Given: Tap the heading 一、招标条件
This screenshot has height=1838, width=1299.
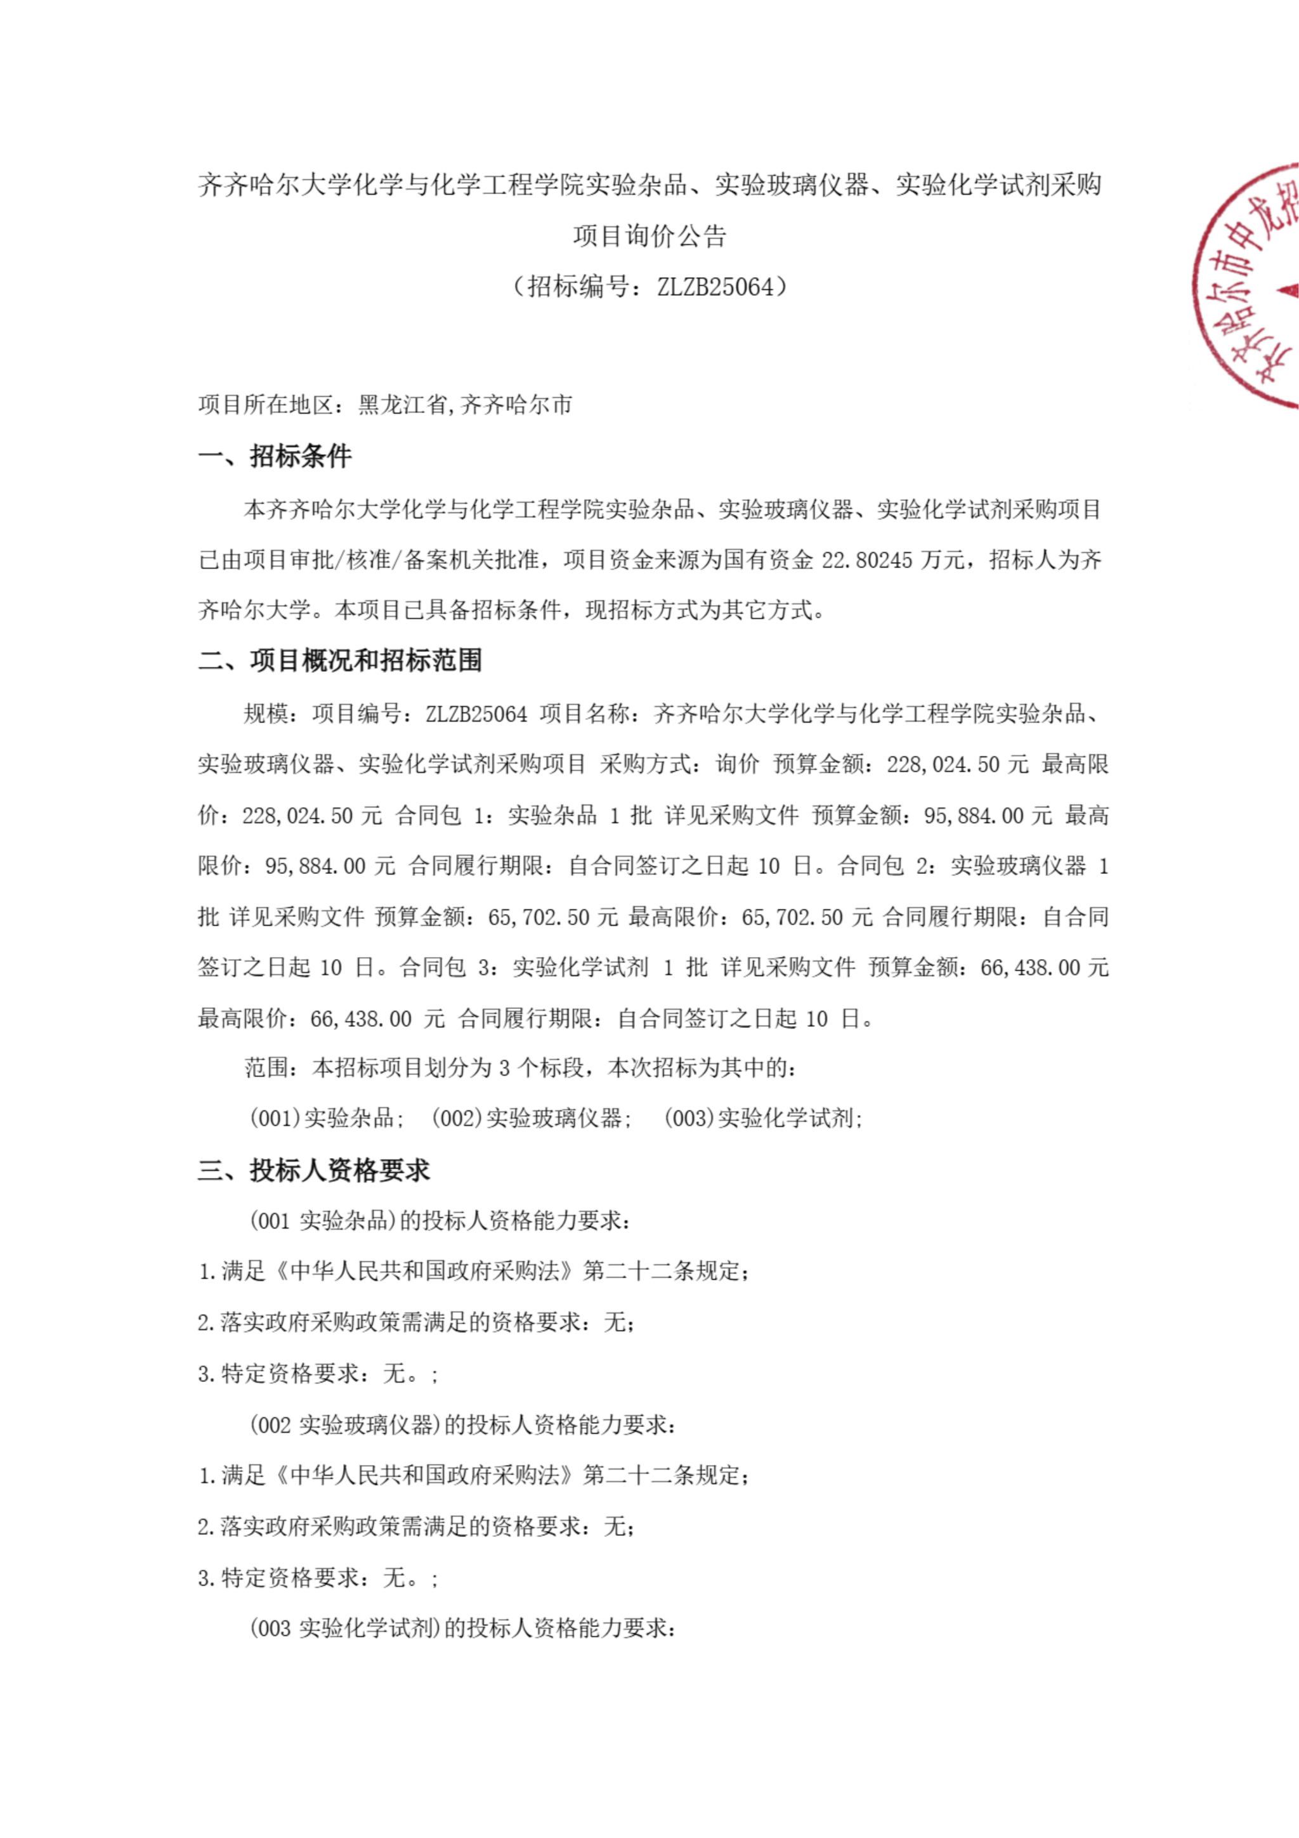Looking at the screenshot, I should pyautogui.click(x=275, y=456).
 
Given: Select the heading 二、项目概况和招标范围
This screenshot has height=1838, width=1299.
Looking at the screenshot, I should pyautogui.click(x=340, y=660).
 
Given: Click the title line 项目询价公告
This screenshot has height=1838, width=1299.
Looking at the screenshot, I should pyautogui.click(x=649, y=235).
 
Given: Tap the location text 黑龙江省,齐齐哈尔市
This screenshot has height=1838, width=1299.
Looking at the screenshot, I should pyautogui.click(x=465, y=405).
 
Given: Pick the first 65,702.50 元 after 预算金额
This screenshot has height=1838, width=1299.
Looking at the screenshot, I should pyautogui.click(x=553, y=917).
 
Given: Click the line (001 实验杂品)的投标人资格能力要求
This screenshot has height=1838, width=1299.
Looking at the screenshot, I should pyautogui.click(x=440, y=1221).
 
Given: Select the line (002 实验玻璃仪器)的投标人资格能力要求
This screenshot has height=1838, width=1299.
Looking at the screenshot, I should pyautogui.click(x=462, y=1425).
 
